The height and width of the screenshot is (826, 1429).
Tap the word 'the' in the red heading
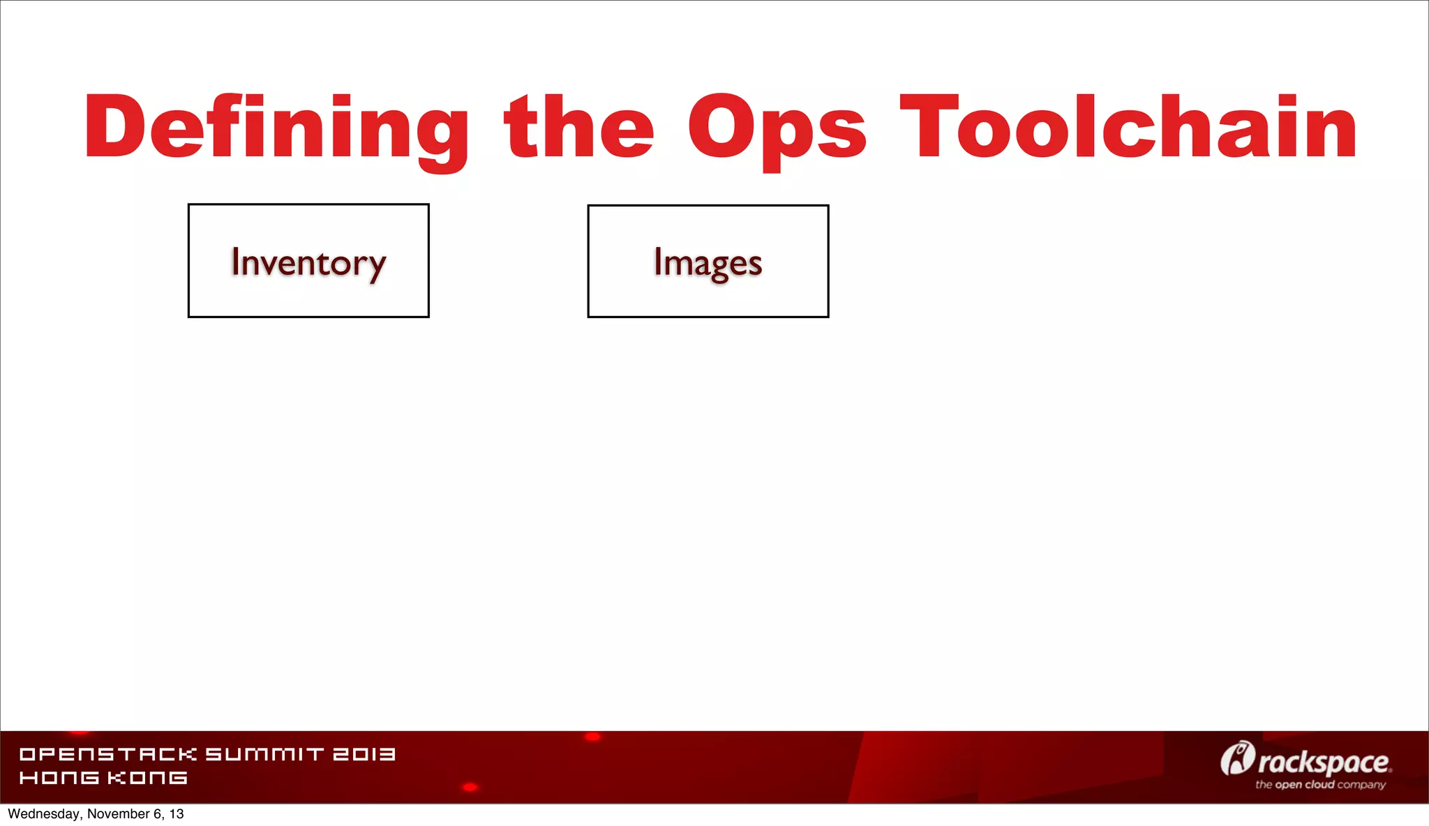[x=579, y=127]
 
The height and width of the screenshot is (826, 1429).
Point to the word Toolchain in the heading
[x=1128, y=127]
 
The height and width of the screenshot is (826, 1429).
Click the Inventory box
[x=308, y=261]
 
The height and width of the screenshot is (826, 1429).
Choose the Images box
[x=708, y=261]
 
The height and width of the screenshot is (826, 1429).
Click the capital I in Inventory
[x=236, y=262]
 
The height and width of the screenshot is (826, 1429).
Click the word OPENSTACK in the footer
[x=108, y=754]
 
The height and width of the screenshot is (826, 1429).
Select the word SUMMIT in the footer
[x=264, y=754]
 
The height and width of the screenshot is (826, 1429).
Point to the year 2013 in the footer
[x=364, y=754]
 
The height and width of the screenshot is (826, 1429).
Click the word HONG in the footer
[x=59, y=777]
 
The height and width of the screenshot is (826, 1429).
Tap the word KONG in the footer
[x=147, y=777]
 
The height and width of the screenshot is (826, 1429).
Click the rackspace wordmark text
[x=1324, y=763]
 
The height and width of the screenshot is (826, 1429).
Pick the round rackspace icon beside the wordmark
[x=1236, y=758]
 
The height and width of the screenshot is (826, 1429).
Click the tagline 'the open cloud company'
[x=1320, y=785]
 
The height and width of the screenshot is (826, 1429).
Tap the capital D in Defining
[x=116, y=127]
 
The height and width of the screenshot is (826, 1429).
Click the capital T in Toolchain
[x=926, y=127]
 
